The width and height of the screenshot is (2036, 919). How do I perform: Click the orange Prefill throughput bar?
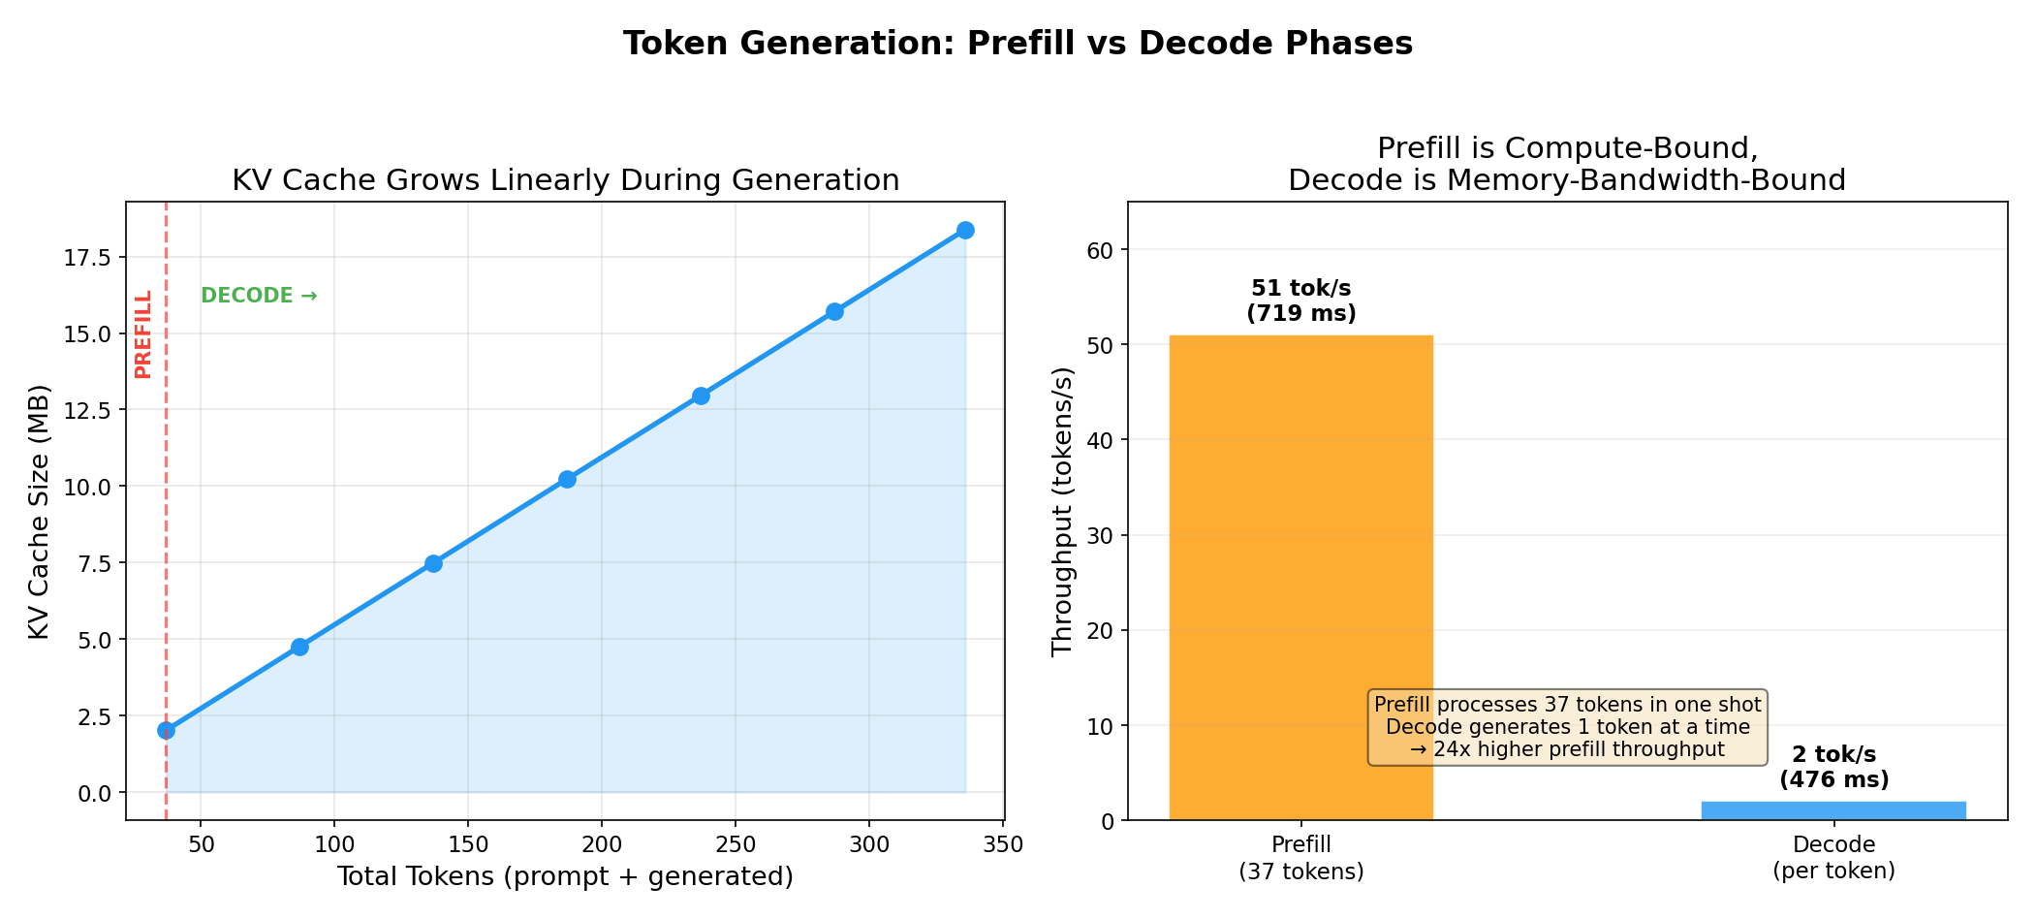click(x=1300, y=578)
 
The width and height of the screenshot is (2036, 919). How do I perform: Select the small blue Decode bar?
click(x=1833, y=810)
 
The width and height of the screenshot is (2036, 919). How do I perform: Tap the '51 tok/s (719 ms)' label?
click(x=1300, y=301)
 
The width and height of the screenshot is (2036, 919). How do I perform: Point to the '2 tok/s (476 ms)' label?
click(x=1833, y=767)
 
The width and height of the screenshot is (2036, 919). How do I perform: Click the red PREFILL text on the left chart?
click(x=143, y=333)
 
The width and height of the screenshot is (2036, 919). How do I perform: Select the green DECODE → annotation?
click(x=259, y=296)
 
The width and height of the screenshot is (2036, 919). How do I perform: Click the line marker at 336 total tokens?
click(x=965, y=230)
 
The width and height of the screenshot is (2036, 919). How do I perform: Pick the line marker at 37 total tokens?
click(x=166, y=730)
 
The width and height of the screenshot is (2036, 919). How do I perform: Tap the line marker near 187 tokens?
click(x=567, y=479)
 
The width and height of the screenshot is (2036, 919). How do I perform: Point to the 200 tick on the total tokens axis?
click(x=601, y=844)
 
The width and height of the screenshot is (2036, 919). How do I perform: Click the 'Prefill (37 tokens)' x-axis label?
click(x=1300, y=857)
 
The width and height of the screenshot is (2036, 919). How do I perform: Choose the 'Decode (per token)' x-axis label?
click(x=1833, y=857)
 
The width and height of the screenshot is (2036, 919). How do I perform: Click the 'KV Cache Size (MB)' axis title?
click(x=39, y=512)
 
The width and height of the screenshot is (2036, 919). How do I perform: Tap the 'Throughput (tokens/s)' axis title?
click(x=1063, y=511)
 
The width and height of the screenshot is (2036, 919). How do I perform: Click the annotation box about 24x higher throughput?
click(x=1567, y=727)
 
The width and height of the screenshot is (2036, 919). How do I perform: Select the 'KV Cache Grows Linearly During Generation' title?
click(x=565, y=180)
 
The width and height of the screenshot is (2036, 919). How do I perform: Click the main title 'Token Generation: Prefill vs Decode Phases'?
click(x=1018, y=44)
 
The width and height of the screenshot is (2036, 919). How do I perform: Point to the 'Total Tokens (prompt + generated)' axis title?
click(x=565, y=876)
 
